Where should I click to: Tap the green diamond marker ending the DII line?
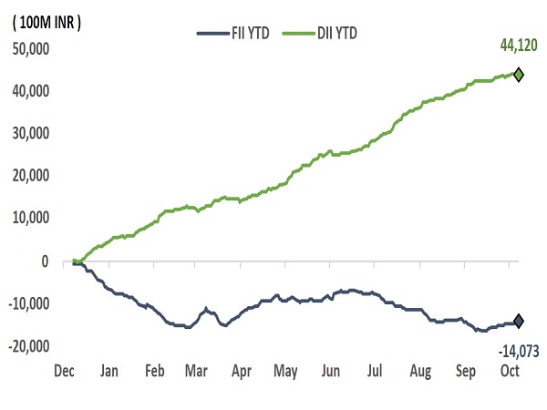click(519, 75)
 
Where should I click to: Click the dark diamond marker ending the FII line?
click(519, 321)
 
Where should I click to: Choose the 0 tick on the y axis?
click(43, 261)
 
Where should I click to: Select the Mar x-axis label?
click(196, 372)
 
